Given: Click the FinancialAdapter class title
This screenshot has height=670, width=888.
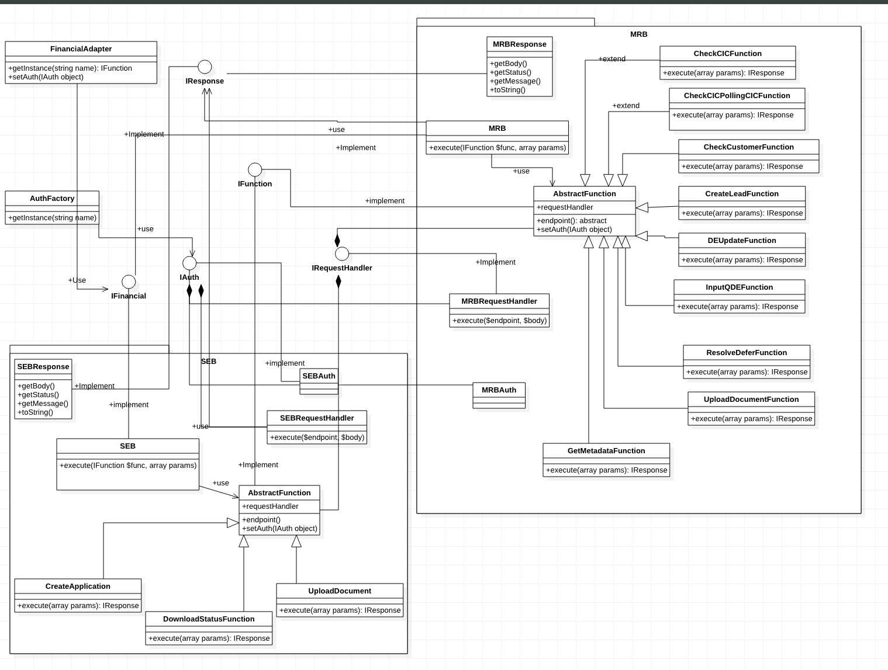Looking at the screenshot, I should coord(81,49).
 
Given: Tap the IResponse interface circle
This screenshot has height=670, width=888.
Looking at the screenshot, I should coord(205,67).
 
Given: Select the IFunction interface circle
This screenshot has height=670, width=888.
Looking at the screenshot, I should coord(255,169).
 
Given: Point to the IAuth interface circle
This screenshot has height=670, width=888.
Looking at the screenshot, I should coord(189,263).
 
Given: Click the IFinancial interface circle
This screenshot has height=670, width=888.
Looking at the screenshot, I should coord(129,282).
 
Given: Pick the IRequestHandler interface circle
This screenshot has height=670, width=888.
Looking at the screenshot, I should coord(342,254).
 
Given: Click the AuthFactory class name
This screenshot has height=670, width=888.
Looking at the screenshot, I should coord(52,199).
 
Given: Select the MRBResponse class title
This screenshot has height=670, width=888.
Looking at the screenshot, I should coord(519,44).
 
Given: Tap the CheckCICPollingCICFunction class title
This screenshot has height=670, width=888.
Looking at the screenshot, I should coord(737,96).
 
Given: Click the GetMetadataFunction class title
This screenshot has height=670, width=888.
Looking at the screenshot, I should coord(606,451).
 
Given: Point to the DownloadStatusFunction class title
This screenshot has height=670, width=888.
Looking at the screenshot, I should coord(209,619).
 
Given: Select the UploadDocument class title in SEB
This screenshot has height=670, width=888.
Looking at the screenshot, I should coord(340,591).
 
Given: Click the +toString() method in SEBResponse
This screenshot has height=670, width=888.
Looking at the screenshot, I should coord(35,412).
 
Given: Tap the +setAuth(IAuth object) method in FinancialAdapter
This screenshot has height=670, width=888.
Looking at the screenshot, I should coord(46,77).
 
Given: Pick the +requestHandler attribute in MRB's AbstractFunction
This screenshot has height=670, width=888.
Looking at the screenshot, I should coord(565,207).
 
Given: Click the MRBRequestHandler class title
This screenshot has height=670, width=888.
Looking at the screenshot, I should coord(499,301).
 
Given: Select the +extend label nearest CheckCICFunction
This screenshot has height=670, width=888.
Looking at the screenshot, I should coord(611,59).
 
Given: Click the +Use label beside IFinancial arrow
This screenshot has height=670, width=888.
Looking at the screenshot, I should coord(77,280).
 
